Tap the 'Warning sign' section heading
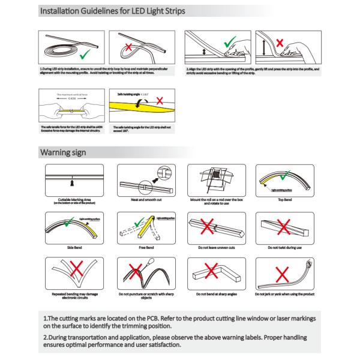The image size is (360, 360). tap(64, 152)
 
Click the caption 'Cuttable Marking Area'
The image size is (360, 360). tap(71, 199)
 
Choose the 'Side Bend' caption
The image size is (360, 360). tap(71, 246)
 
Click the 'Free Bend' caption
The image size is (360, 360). tap(140, 246)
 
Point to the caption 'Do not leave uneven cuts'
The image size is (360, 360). tap(211, 246)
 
